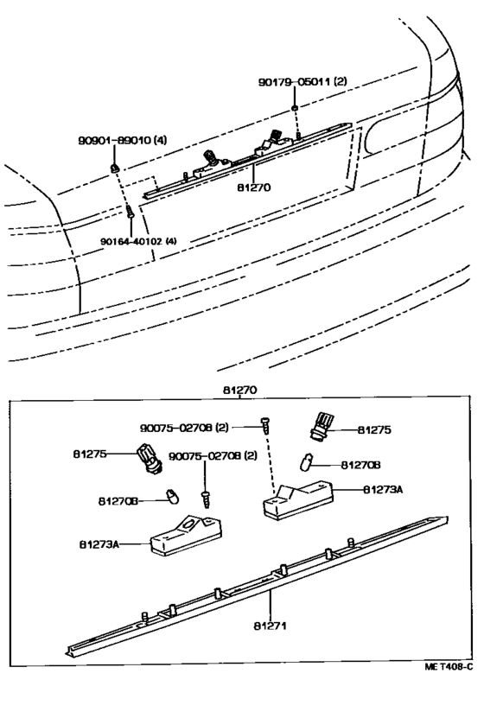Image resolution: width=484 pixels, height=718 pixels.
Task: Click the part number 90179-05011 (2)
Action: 302,82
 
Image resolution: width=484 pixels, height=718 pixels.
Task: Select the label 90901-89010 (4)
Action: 122,140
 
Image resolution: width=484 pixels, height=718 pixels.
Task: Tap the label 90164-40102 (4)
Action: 139,241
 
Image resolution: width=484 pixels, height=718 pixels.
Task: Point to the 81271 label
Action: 271,626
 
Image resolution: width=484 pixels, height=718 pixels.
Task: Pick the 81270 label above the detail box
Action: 240,391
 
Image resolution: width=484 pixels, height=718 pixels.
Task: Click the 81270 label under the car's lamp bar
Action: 254,187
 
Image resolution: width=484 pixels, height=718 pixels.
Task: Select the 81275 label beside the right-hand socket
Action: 374,430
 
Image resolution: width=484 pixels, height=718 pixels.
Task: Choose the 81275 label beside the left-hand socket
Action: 90,454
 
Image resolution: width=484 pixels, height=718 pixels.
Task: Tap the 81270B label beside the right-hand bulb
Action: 360,465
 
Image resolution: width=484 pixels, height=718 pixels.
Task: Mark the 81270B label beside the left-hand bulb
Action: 118,501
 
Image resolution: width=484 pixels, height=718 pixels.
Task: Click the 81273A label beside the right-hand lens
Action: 383,490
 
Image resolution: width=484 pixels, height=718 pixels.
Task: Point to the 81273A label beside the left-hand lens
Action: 99,544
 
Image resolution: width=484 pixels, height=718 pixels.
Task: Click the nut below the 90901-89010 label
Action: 115,168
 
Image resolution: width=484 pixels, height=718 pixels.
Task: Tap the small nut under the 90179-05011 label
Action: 295,108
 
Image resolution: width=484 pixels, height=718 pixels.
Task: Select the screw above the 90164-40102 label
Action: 130,212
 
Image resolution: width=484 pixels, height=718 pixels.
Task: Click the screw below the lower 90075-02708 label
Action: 206,499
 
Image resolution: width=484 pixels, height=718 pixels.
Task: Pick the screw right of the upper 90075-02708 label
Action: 264,425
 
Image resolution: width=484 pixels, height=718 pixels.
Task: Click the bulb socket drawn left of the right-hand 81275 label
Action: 320,426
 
